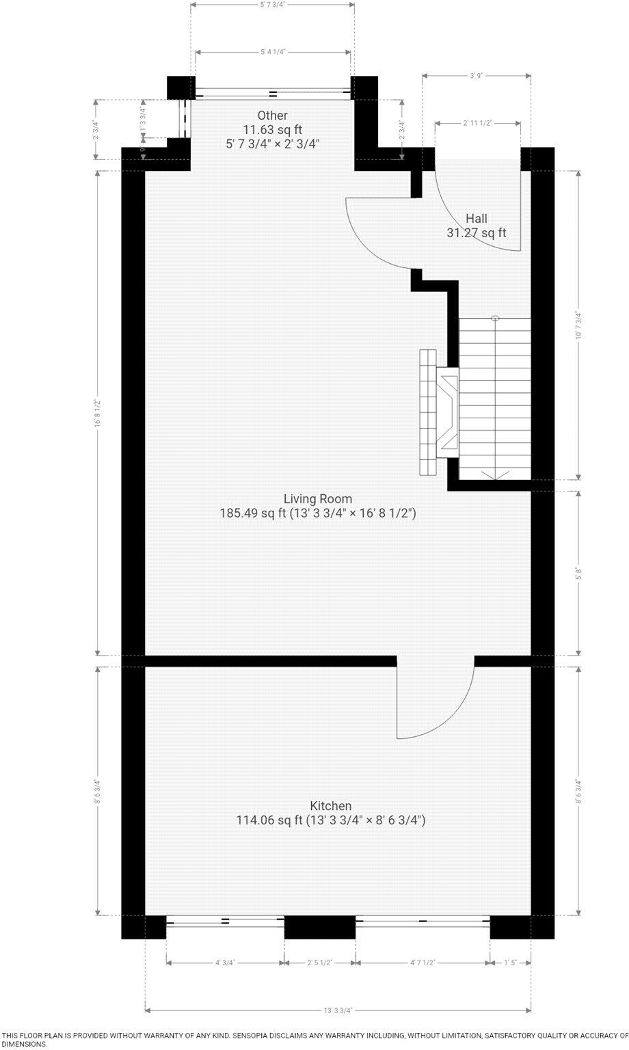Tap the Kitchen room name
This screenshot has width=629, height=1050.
[x=331, y=806]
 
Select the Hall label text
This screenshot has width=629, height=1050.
[x=477, y=219]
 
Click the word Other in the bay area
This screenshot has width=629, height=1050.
[x=272, y=116]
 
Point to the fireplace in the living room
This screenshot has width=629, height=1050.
[x=438, y=412]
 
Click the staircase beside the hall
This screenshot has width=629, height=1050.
[x=494, y=399]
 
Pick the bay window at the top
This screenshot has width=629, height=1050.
[x=273, y=92]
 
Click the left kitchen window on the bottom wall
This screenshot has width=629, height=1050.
[x=225, y=921]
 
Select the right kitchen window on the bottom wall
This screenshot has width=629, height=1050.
[x=423, y=921]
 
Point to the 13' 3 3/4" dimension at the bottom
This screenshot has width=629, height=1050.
[x=338, y=1010]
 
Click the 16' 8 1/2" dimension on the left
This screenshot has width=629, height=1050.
[x=98, y=414]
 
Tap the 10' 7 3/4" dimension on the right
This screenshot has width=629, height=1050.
[x=578, y=325]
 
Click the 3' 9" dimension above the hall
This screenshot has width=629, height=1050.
[x=477, y=76]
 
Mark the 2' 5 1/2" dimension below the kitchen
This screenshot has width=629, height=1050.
[x=319, y=962]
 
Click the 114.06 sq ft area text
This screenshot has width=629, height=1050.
[x=269, y=820]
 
